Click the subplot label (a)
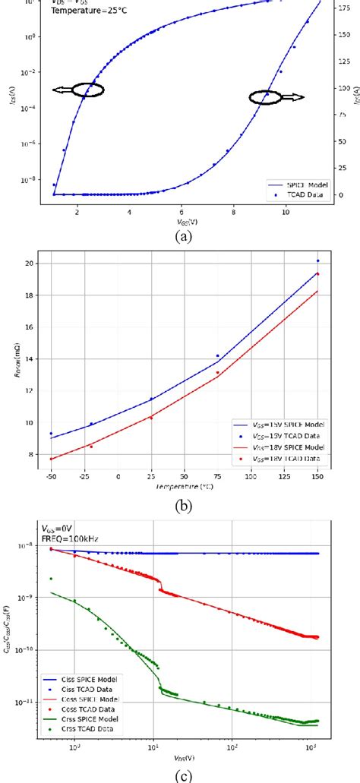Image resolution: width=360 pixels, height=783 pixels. (181, 235)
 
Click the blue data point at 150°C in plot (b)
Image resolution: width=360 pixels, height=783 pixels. (317, 260)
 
